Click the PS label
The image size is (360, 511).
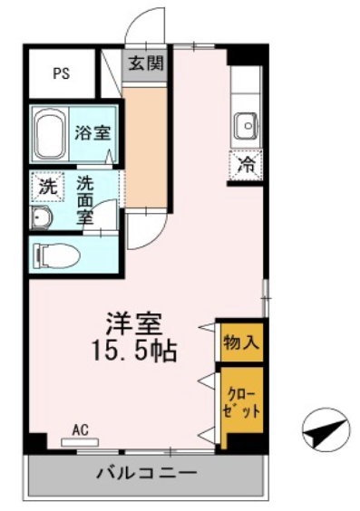(62, 73)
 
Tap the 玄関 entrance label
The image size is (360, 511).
(145, 63)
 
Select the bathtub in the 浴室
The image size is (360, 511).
(50, 133)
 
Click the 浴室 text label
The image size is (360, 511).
(92, 133)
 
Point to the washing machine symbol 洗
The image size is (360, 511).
(48, 187)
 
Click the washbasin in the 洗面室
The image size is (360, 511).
(41, 217)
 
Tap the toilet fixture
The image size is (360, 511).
(59, 255)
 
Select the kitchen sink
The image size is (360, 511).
(247, 126)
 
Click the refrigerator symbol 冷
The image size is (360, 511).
(246, 166)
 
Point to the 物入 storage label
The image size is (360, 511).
(241, 342)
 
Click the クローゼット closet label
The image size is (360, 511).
(241, 403)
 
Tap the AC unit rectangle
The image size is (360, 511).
(80, 442)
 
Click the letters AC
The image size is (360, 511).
(80, 430)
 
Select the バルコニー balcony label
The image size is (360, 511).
(147, 472)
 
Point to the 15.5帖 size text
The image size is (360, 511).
(135, 351)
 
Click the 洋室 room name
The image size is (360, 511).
(135, 323)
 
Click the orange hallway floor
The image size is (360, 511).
(145, 147)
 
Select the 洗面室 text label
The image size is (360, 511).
(85, 199)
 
